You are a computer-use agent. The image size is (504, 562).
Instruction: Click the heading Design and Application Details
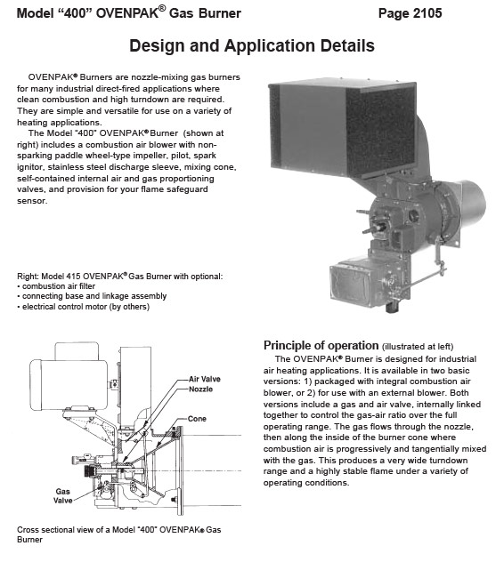tap(252, 45)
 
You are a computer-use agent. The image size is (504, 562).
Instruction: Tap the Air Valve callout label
tap(205, 379)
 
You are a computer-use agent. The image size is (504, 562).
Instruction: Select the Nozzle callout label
tap(200, 389)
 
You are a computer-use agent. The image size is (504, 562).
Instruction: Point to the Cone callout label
tap(197, 419)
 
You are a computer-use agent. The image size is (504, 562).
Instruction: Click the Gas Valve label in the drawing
tap(63, 495)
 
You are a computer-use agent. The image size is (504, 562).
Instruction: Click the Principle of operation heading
tap(321, 345)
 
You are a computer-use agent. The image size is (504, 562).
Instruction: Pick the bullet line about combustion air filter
tap(56, 286)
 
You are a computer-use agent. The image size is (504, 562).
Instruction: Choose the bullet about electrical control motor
tap(83, 307)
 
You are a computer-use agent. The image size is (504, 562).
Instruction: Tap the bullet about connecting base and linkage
tap(92, 296)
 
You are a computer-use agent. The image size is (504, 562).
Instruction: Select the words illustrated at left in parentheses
tap(418, 347)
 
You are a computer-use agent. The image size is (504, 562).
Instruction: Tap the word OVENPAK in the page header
tap(127, 13)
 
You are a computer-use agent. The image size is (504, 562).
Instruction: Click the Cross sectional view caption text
tap(118, 534)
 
